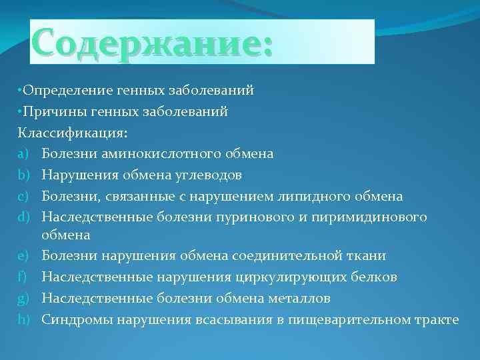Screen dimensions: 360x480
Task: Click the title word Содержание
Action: (152, 42)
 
